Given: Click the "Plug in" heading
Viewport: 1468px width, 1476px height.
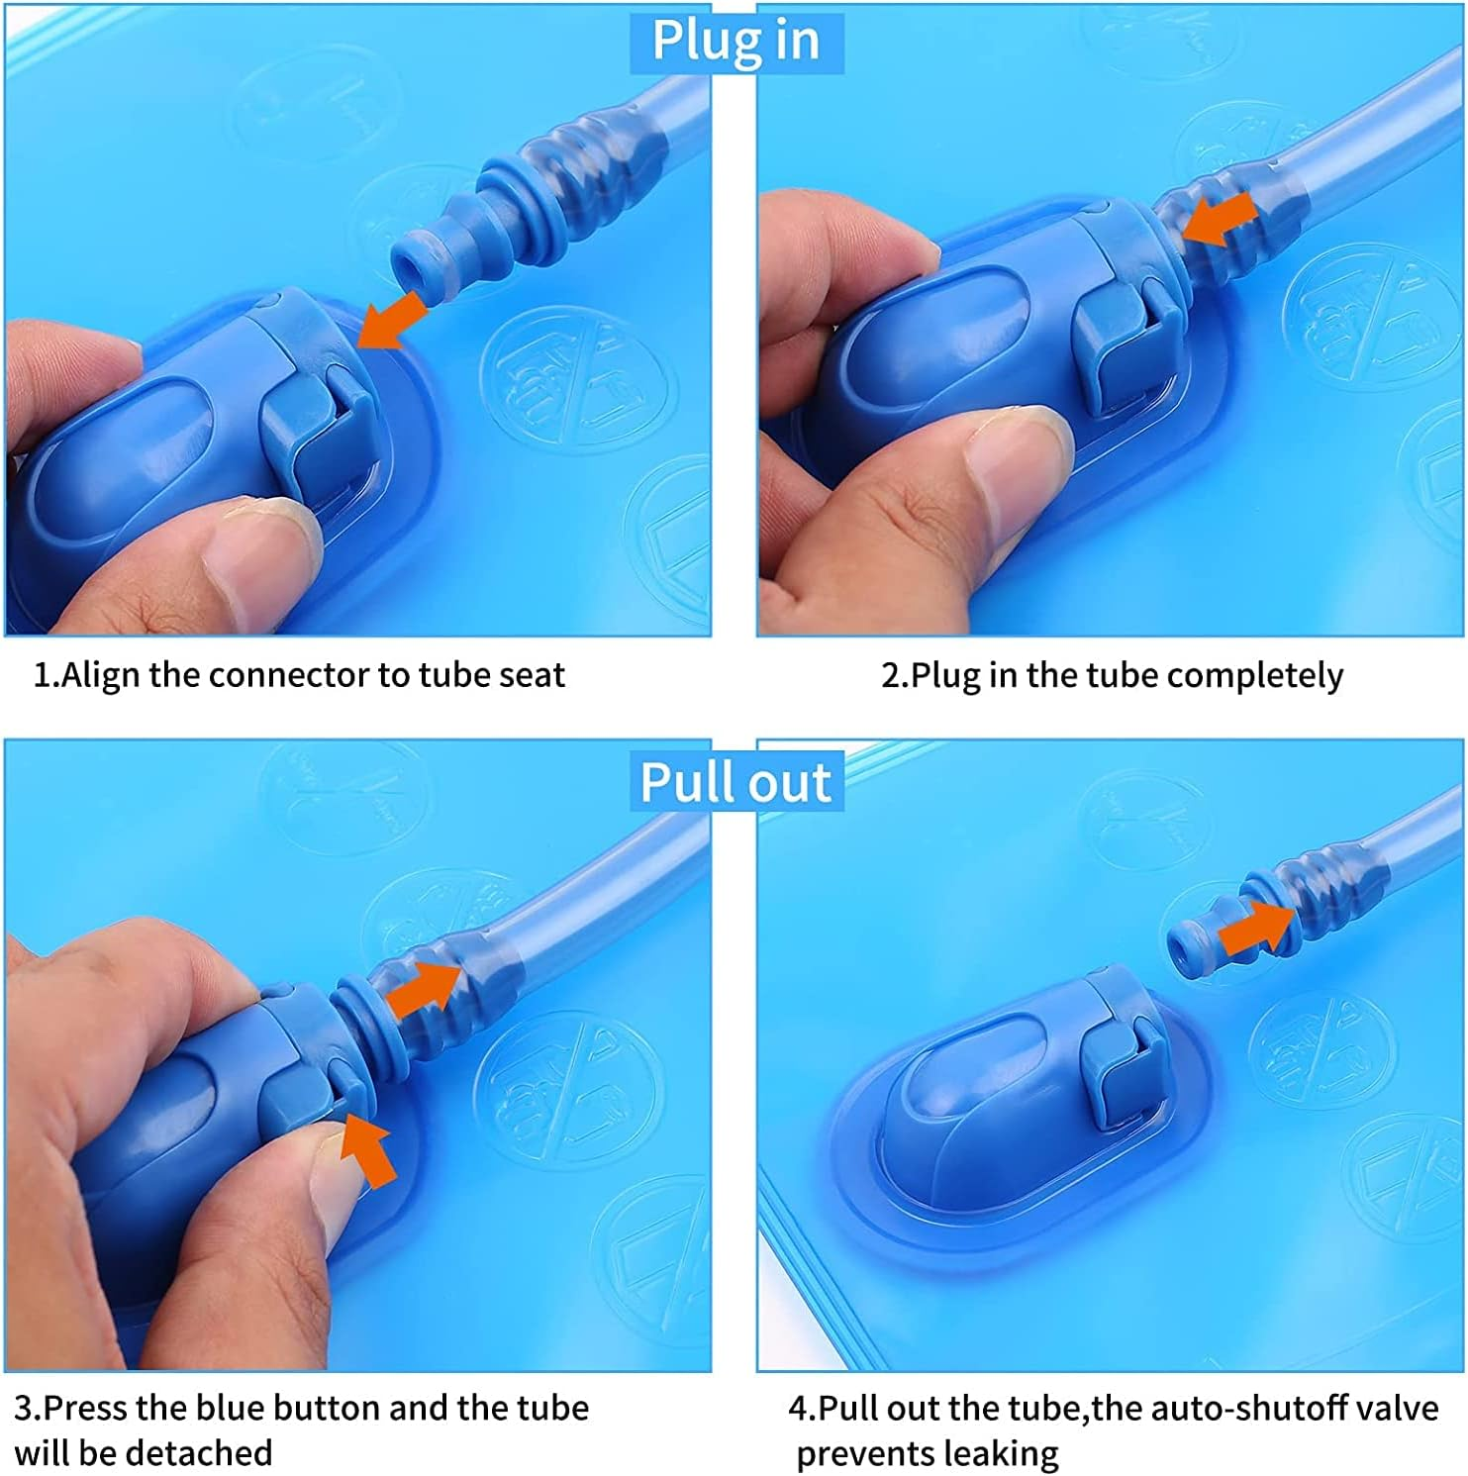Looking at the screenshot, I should [x=735, y=41].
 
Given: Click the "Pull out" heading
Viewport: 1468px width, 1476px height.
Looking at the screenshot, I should [x=735, y=782].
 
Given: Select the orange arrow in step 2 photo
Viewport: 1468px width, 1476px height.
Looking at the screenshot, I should [x=1220, y=221].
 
